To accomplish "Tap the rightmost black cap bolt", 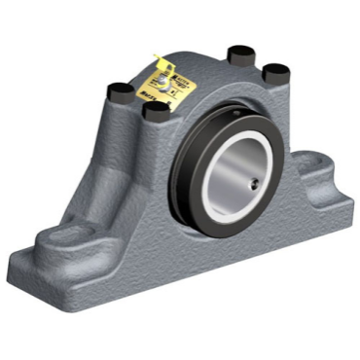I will click(x=275, y=72).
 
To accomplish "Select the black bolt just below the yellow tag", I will click(x=154, y=111).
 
